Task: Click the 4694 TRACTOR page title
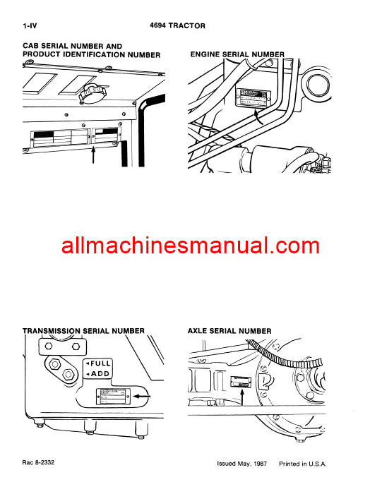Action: click(x=177, y=26)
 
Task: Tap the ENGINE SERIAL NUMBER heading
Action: click(x=237, y=54)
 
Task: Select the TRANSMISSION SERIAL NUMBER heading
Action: click(x=83, y=330)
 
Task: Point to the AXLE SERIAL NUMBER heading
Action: click(x=229, y=330)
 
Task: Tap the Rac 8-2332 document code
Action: click(x=38, y=463)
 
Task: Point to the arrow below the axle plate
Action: click(x=242, y=397)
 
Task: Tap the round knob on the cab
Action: click(x=90, y=92)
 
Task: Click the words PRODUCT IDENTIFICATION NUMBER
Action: click(x=91, y=55)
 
